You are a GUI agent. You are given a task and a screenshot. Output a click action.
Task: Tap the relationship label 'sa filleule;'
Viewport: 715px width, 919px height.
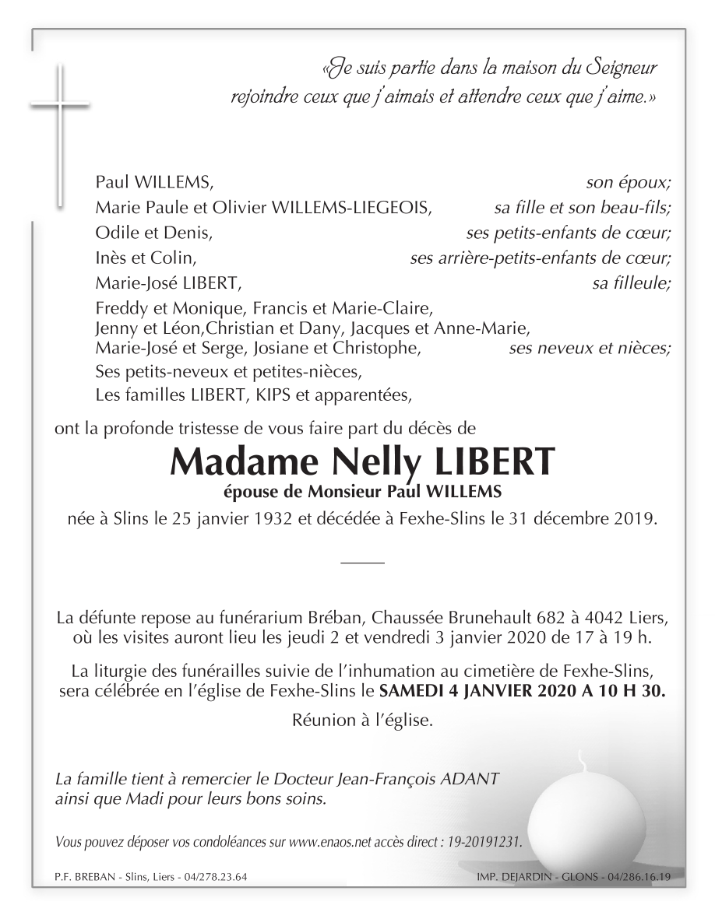[x=631, y=282]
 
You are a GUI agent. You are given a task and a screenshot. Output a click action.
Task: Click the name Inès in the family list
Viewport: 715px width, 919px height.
[x=111, y=258]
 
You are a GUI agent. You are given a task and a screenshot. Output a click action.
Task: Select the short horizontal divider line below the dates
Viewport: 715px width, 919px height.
[x=362, y=560]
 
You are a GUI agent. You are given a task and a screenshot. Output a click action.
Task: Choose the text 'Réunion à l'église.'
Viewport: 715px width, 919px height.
[x=361, y=721]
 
